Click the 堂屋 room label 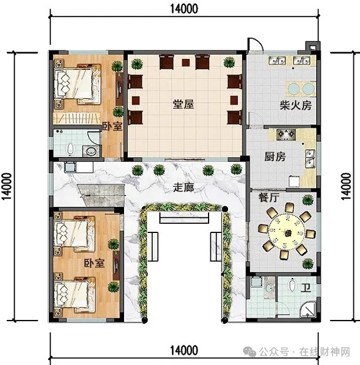184,104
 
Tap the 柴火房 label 296,105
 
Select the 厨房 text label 275,156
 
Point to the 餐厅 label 269,198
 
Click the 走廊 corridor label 184,187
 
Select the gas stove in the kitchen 286,134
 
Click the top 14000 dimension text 184,9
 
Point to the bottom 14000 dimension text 184,350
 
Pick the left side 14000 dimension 6,186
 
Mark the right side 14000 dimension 346,186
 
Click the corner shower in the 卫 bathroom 308,310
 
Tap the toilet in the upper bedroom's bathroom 70,148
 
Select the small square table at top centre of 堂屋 185,63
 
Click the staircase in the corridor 102,195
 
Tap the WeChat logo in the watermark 249,351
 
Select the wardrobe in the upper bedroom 77,118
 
